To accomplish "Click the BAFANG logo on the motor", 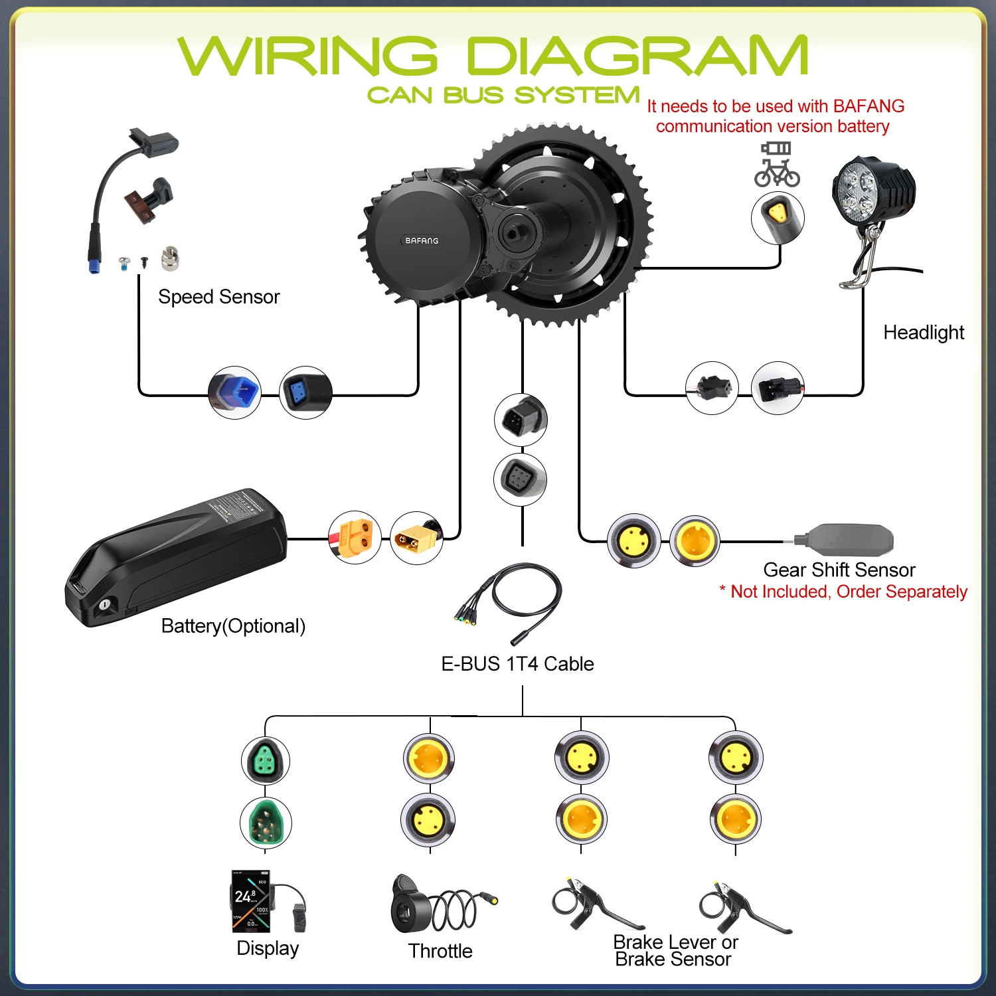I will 422,240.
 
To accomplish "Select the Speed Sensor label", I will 218,297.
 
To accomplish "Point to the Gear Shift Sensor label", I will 839,570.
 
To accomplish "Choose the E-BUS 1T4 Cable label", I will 517,664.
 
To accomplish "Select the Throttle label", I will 440,951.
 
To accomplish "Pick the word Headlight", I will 924,333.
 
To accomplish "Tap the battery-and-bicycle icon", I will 776,165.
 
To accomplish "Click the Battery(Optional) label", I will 233,626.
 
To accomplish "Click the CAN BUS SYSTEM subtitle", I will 503,96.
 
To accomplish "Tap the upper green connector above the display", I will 266,761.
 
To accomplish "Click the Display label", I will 268,948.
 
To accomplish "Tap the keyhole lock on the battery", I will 105,605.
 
